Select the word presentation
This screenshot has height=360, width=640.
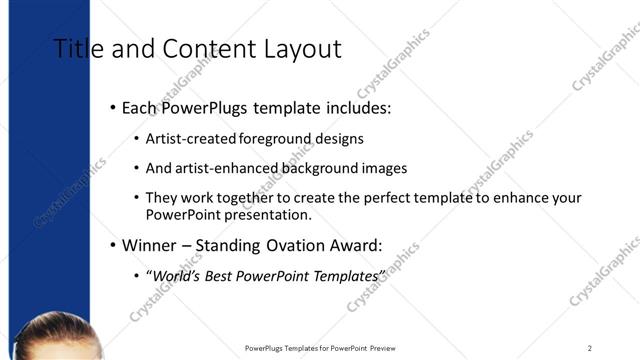click(275, 214)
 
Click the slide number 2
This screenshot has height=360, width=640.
click(590, 348)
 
